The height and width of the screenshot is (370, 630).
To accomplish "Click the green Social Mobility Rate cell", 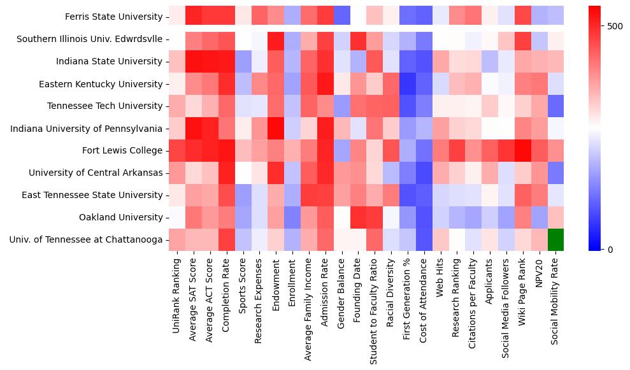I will point(555,239).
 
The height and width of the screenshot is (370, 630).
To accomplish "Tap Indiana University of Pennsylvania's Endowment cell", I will point(276,128).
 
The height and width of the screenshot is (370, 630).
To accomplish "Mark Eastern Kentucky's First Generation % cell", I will point(407,83).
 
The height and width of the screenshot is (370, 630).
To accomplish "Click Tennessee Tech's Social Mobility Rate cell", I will point(555,106).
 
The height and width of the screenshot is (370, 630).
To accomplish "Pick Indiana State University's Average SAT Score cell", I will point(193,61).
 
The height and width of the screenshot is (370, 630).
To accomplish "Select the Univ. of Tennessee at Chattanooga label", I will point(86,239).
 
